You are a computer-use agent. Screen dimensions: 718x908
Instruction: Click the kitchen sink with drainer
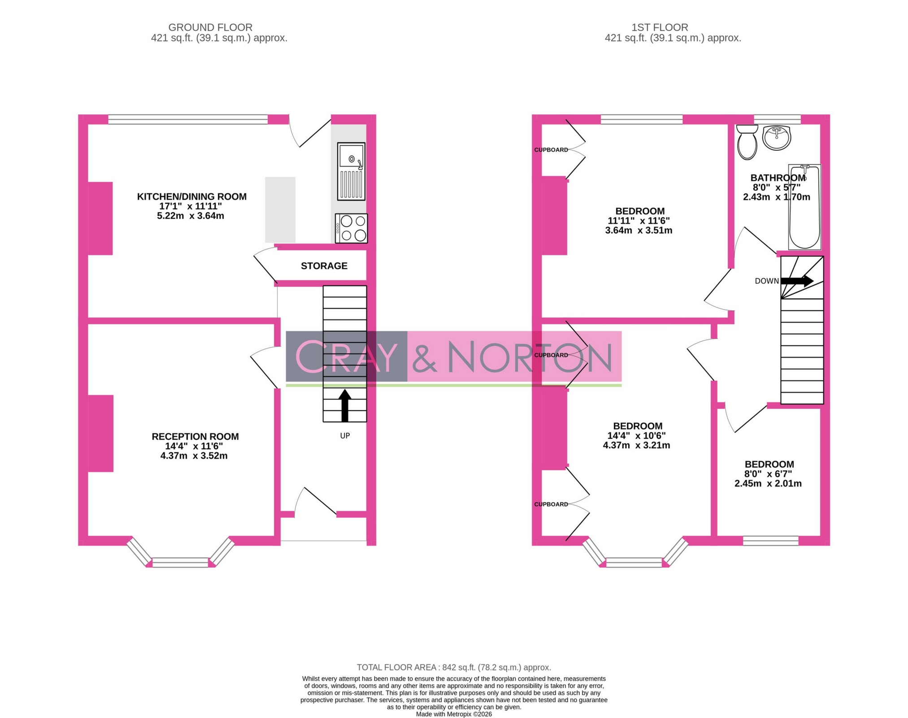tap(351, 171)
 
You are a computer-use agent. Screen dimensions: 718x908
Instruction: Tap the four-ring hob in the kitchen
tap(351, 228)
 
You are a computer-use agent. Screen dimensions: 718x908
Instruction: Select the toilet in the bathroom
tap(747, 142)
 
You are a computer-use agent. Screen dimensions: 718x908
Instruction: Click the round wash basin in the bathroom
tap(776, 138)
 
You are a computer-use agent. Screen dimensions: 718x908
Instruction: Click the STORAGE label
tap(324, 266)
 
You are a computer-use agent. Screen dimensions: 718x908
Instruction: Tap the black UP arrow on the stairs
tap(344, 405)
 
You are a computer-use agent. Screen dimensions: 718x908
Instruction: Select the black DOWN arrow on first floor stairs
tap(797, 281)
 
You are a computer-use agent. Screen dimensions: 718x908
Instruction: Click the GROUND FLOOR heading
tap(210, 27)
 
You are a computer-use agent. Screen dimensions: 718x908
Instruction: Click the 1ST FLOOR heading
tap(659, 27)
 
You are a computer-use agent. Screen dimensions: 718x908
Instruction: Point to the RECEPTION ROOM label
tap(195, 436)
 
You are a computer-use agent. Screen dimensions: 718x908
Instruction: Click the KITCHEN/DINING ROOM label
tap(191, 197)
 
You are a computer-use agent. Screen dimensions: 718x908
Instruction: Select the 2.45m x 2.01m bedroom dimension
tap(768, 483)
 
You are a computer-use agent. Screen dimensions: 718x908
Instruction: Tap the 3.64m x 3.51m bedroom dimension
tap(639, 230)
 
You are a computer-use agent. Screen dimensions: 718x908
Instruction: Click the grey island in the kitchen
tap(280, 210)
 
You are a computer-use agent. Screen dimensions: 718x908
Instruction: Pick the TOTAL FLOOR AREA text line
tap(453, 667)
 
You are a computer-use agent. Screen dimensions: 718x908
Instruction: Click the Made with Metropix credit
tap(453, 714)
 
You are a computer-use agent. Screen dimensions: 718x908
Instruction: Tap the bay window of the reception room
tap(180, 562)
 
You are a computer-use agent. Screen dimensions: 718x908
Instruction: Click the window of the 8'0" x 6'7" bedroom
tap(770, 540)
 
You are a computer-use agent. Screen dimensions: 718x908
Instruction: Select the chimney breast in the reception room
tap(100, 433)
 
